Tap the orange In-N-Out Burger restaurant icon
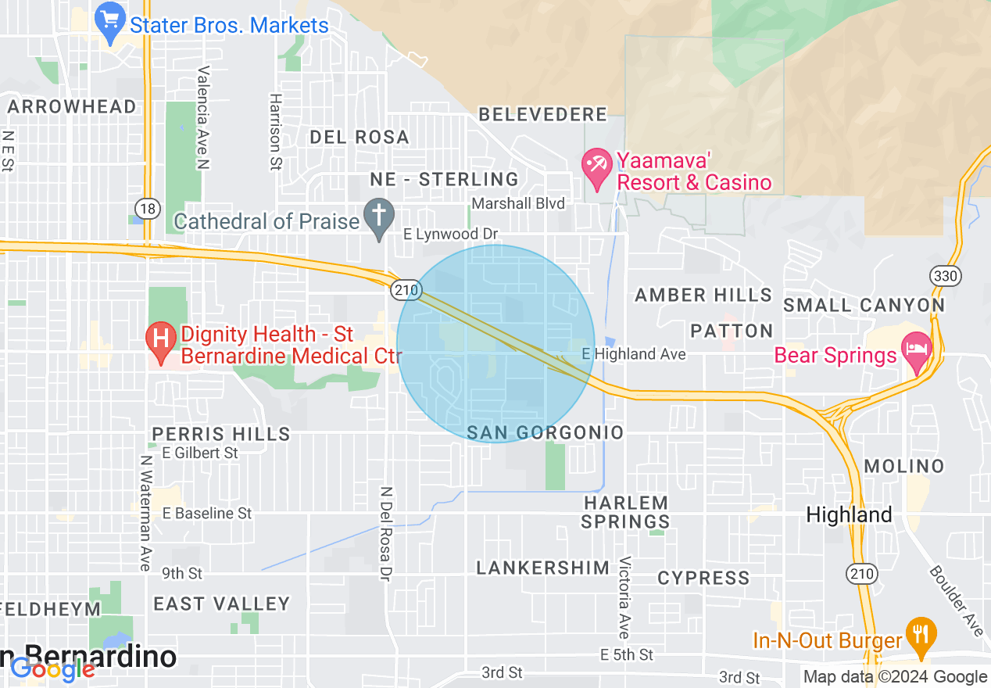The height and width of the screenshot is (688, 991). (x=921, y=634)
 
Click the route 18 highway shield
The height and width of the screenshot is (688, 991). (x=146, y=209)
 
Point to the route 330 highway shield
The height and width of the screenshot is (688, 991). (x=944, y=276)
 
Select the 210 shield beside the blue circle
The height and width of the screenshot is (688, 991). (x=406, y=290)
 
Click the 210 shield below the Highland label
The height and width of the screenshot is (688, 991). (x=861, y=574)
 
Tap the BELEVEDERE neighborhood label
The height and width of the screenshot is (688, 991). (x=542, y=114)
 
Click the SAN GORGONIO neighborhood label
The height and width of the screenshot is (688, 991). (x=545, y=432)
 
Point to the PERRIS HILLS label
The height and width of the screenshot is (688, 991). (x=221, y=434)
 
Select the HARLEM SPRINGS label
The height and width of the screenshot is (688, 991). (x=626, y=512)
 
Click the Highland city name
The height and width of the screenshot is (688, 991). (x=849, y=514)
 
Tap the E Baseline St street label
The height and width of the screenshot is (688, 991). (x=207, y=513)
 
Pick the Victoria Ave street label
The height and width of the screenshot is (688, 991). (x=624, y=597)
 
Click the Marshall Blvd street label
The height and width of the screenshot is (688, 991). (x=518, y=203)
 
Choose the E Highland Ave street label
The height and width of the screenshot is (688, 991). (x=634, y=354)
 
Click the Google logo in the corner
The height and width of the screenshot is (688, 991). (x=52, y=669)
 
